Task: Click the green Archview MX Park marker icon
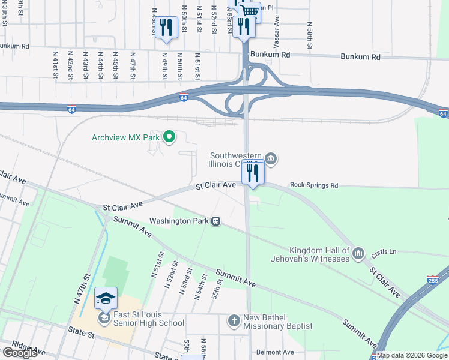click(x=169, y=137)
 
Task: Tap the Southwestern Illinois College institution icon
click(x=271, y=158)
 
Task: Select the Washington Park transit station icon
click(x=215, y=221)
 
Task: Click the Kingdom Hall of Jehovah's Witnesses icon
click(x=358, y=254)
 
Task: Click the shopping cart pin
click(x=250, y=11)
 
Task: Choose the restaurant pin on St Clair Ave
click(x=253, y=173)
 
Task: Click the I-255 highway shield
click(x=432, y=280)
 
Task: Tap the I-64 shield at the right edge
click(x=442, y=113)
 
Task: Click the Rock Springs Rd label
click(x=314, y=185)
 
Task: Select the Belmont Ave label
click(x=275, y=352)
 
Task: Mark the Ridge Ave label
click(x=24, y=348)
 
